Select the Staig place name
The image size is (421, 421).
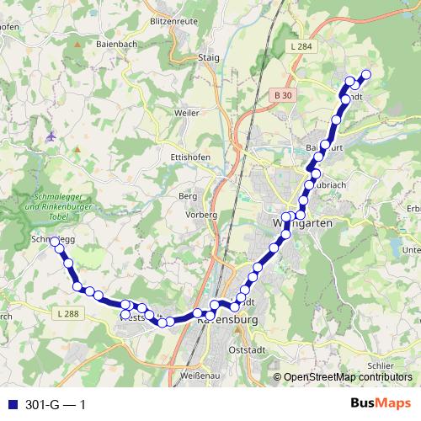coord(206,57)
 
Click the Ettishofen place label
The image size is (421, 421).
coord(189,157)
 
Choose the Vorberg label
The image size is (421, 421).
coord(200,215)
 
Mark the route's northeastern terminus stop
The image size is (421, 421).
coord(365,74)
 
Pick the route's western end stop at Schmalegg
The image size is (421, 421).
coord(55,242)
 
